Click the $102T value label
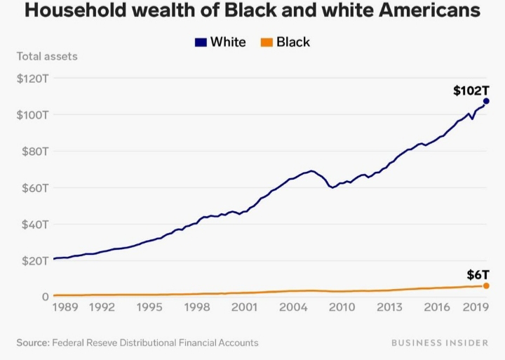point(471,91)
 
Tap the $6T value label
point(478,274)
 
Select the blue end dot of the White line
point(486,101)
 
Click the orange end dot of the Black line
point(486,286)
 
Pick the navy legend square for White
point(200,42)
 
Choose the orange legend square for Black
point(267,42)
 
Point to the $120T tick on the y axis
point(32,78)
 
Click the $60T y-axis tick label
point(32,187)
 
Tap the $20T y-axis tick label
point(32,260)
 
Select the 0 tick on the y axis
point(43,297)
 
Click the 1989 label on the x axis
point(65,307)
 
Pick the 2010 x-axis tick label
point(341,307)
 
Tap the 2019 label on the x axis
point(476,307)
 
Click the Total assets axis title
point(47,56)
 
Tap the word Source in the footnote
point(32,342)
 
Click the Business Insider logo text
point(439,342)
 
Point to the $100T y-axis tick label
point(32,114)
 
